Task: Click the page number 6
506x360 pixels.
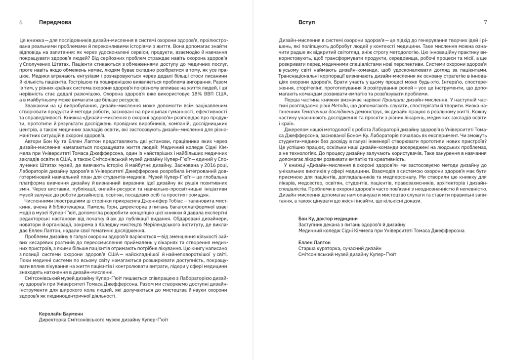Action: tap(20, 22)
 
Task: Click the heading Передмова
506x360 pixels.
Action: tap(55, 22)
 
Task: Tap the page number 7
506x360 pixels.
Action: tap(486, 22)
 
